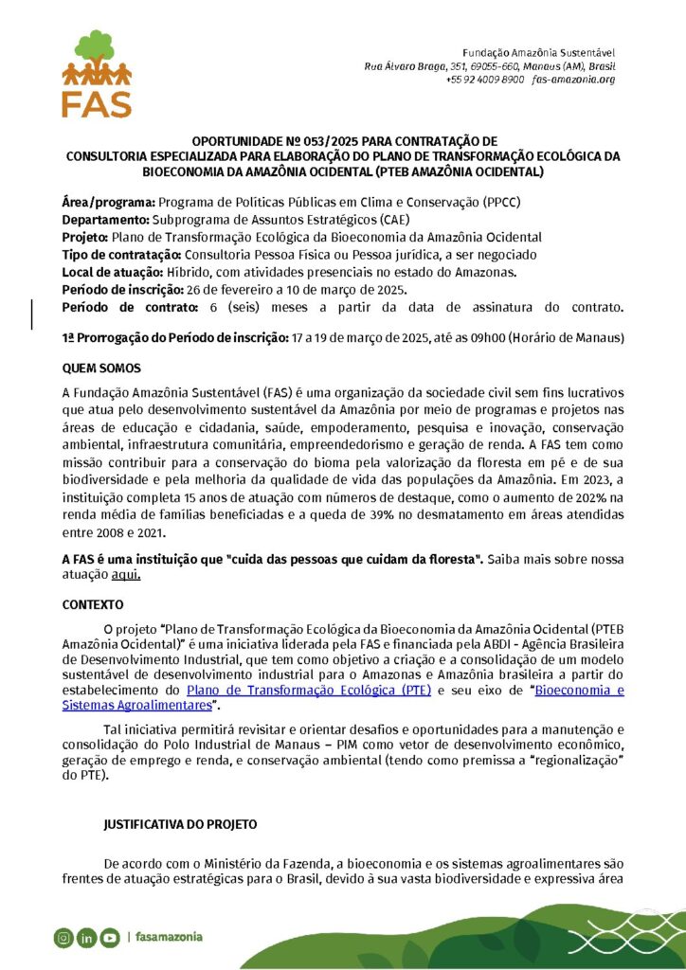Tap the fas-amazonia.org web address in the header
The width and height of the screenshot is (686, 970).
point(574,80)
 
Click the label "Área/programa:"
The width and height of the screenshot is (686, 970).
point(108,204)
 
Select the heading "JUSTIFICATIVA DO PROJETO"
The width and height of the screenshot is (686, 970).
point(180,825)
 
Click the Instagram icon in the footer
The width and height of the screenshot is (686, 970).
point(63,938)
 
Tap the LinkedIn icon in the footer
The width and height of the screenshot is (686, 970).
point(87,938)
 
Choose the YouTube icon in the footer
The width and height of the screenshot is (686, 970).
point(110,938)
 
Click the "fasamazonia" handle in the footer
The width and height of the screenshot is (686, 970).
point(169,938)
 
